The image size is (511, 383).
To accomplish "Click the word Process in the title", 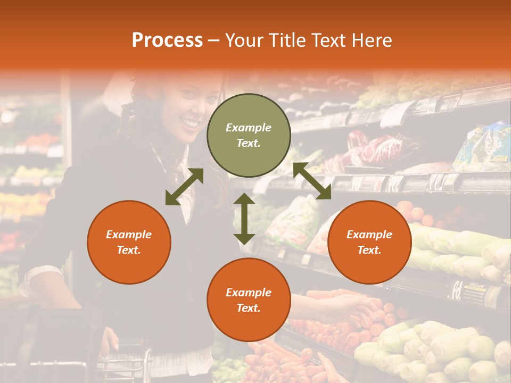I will [167, 40].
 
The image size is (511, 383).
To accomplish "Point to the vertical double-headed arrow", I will [244, 219].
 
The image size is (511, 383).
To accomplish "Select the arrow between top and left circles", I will [184, 187].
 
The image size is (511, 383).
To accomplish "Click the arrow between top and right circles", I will [312, 181].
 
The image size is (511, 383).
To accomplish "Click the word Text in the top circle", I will [249, 144].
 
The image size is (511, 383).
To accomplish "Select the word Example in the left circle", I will [129, 235].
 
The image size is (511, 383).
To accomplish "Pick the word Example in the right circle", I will [369, 235].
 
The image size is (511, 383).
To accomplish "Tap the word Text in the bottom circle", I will [249, 308].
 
